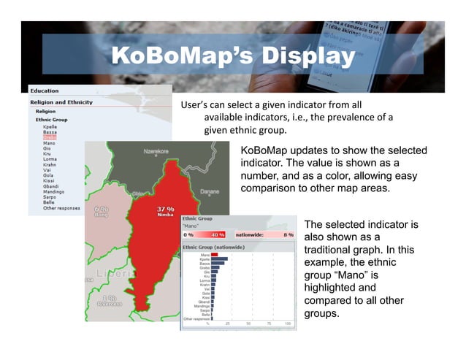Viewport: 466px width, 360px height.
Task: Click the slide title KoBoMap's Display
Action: [232, 56]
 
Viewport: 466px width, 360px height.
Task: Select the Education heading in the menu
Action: [44, 91]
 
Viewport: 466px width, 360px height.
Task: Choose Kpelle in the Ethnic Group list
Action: [50, 126]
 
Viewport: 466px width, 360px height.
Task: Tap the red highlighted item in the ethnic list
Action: [50, 137]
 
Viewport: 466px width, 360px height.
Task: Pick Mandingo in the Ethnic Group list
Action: [53, 191]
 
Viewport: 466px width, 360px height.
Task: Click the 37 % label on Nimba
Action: [165, 209]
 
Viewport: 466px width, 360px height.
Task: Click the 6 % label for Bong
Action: [102, 209]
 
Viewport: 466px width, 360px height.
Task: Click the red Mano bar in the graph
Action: [215, 255]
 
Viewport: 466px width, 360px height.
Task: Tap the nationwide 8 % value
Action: [288, 235]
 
